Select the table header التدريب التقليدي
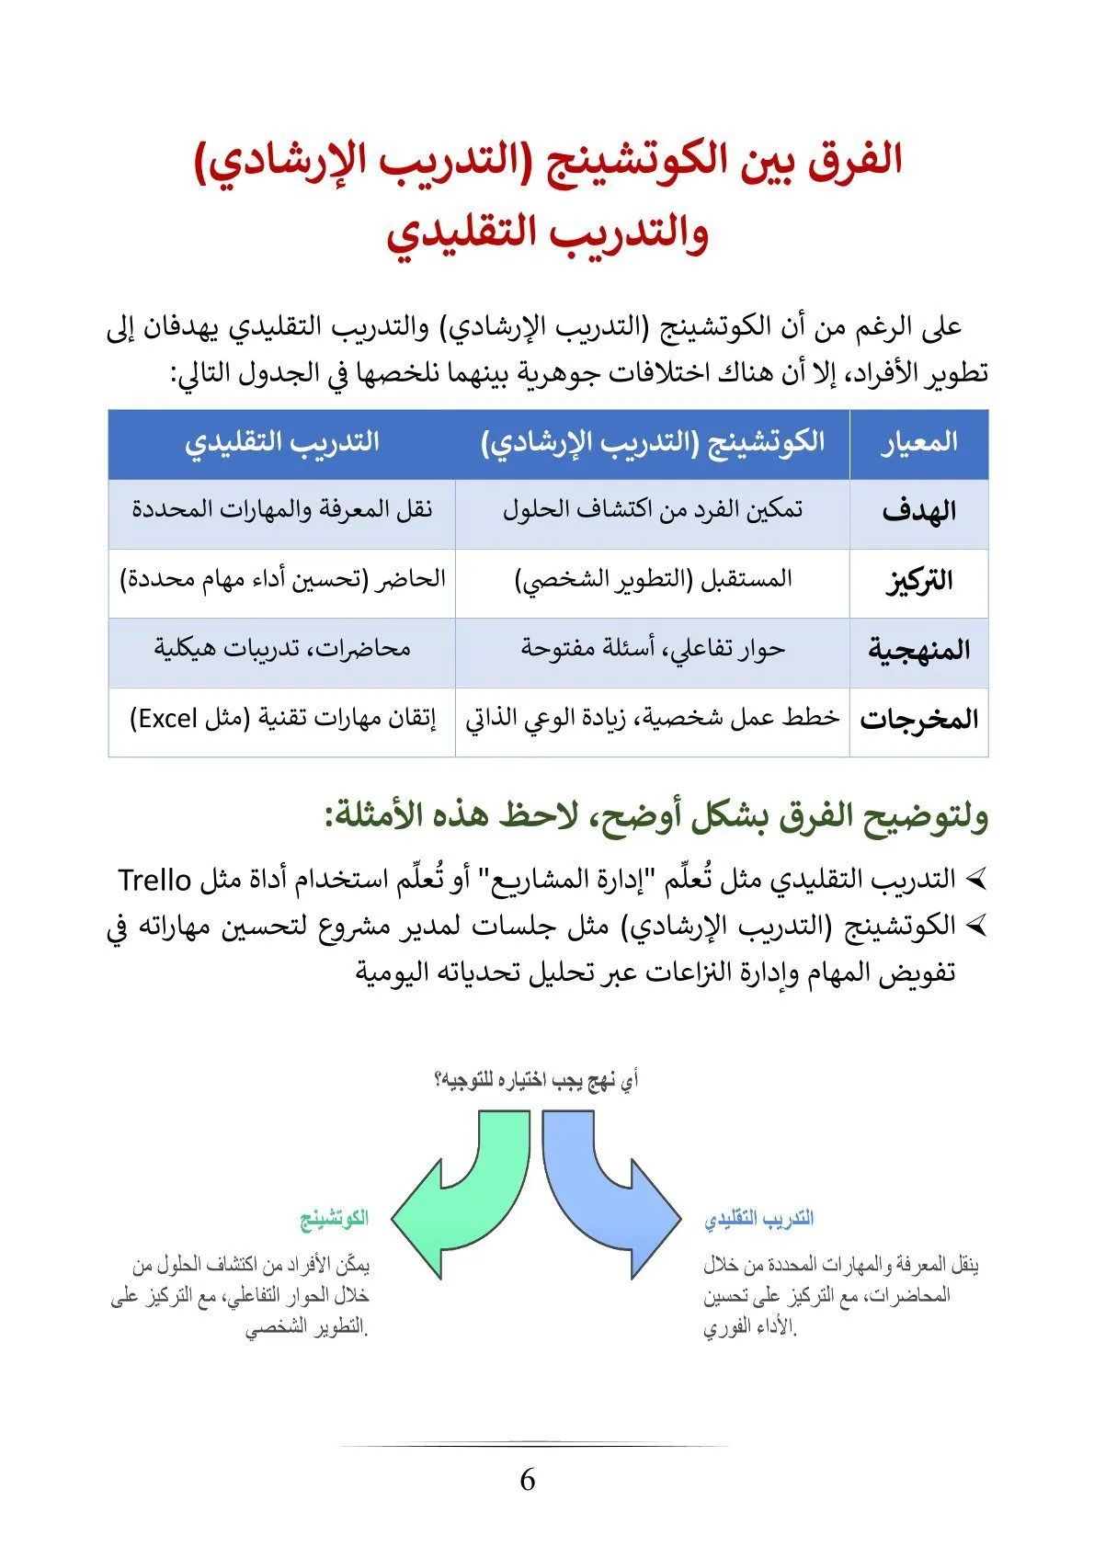pos(281,443)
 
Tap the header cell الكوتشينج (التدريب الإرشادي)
pos(653,443)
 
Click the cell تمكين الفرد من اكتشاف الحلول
pos(653,510)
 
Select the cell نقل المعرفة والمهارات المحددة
pos(281,510)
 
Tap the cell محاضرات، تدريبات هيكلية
pos(281,649)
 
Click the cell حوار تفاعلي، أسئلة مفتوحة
pos(653,649)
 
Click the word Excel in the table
pos(168,719)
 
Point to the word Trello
pos(154,880)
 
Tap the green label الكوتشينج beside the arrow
pos(335,1219)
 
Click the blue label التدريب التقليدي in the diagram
pos(759,1219)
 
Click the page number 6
pos(528,1480)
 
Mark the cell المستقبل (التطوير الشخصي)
pos(653,580)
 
